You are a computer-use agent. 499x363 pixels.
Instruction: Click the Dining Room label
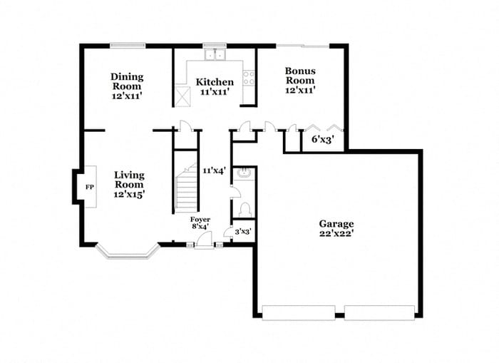click(127, 82)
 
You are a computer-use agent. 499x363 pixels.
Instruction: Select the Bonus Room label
click(300, 81)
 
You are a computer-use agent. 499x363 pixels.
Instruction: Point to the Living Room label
click(129, 184)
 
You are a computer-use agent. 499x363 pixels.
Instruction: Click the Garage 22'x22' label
click(336, 228)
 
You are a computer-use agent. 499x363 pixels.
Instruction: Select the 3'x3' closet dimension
click(243, 231)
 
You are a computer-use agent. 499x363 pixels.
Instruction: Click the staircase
click(187, 187)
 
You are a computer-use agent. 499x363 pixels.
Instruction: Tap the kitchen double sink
click(214, 54)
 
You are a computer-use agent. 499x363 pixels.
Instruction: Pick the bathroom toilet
click(245, 209)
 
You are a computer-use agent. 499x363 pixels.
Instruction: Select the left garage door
click(298, 312)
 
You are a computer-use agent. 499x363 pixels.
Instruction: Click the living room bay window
click(125, 252)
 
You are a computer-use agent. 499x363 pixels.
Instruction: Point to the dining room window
click(127, 46)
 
